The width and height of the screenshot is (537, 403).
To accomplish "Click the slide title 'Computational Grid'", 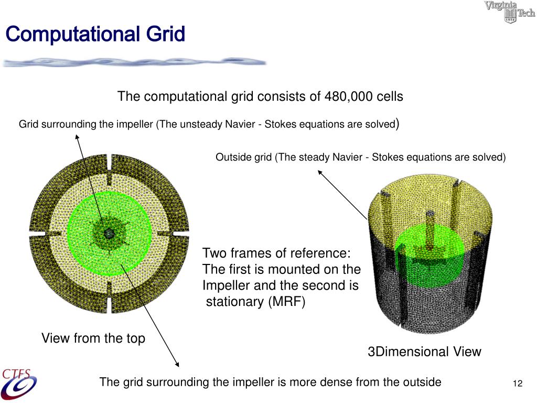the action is click(x=95, y=35).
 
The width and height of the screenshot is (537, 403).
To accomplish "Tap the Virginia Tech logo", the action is click(x=509, y=12).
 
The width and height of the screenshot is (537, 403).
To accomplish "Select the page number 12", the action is click(x=518, y=384).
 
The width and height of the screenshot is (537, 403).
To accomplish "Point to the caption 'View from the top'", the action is click(x=93, y=338).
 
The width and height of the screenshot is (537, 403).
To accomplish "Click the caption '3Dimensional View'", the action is click(x=424, y=352).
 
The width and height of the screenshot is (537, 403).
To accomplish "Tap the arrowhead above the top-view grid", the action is click(x=78, y=137).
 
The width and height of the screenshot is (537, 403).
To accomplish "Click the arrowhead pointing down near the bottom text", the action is click(x=177, y=365).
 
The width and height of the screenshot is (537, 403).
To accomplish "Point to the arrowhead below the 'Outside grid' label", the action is click(x=320, y=173).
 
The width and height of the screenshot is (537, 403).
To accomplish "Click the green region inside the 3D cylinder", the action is click(x=427, y=262).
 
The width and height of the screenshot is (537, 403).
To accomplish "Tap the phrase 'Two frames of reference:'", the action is click(x=276, y=253).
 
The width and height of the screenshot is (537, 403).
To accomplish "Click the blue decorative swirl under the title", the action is click(x=134, y=62).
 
